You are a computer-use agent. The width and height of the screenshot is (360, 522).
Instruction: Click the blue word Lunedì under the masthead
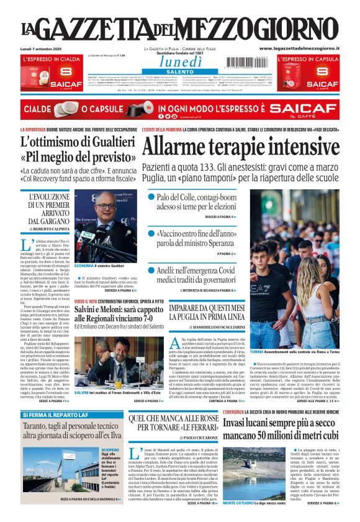pyautogui.click(x=180, y=61)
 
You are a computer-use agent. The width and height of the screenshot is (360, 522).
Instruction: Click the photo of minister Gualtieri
pyautogui.click(x=104, y=226)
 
